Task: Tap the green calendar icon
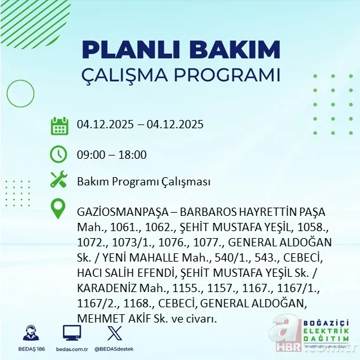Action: tap(59, 126)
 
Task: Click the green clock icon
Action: tap(59, 154)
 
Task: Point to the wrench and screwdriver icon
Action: tap(59, 180)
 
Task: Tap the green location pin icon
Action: tap(59, 209)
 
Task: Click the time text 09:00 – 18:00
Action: tap(112, 155)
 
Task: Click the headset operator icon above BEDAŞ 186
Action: tap(30, 333)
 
